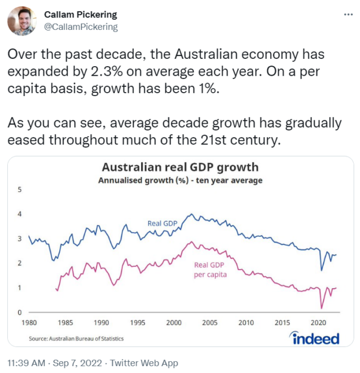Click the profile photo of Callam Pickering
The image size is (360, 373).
pos(22,21)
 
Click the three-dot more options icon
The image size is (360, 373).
pos(348,15)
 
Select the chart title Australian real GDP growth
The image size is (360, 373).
pos(180,167)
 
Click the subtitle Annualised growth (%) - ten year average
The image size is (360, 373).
pos(180,181)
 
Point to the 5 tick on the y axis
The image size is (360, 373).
pos(20,189)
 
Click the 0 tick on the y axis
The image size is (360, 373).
pos(20,313)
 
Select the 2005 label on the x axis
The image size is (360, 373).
pos(210,323)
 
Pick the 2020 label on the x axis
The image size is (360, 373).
pos(318,323)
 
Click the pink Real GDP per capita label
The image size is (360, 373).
pos(210,270)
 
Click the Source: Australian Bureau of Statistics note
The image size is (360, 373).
pos(76,339)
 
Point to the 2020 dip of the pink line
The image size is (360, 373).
pos(321,308)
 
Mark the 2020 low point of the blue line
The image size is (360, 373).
pos(322,270)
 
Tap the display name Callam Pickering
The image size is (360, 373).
pos(80,15)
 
